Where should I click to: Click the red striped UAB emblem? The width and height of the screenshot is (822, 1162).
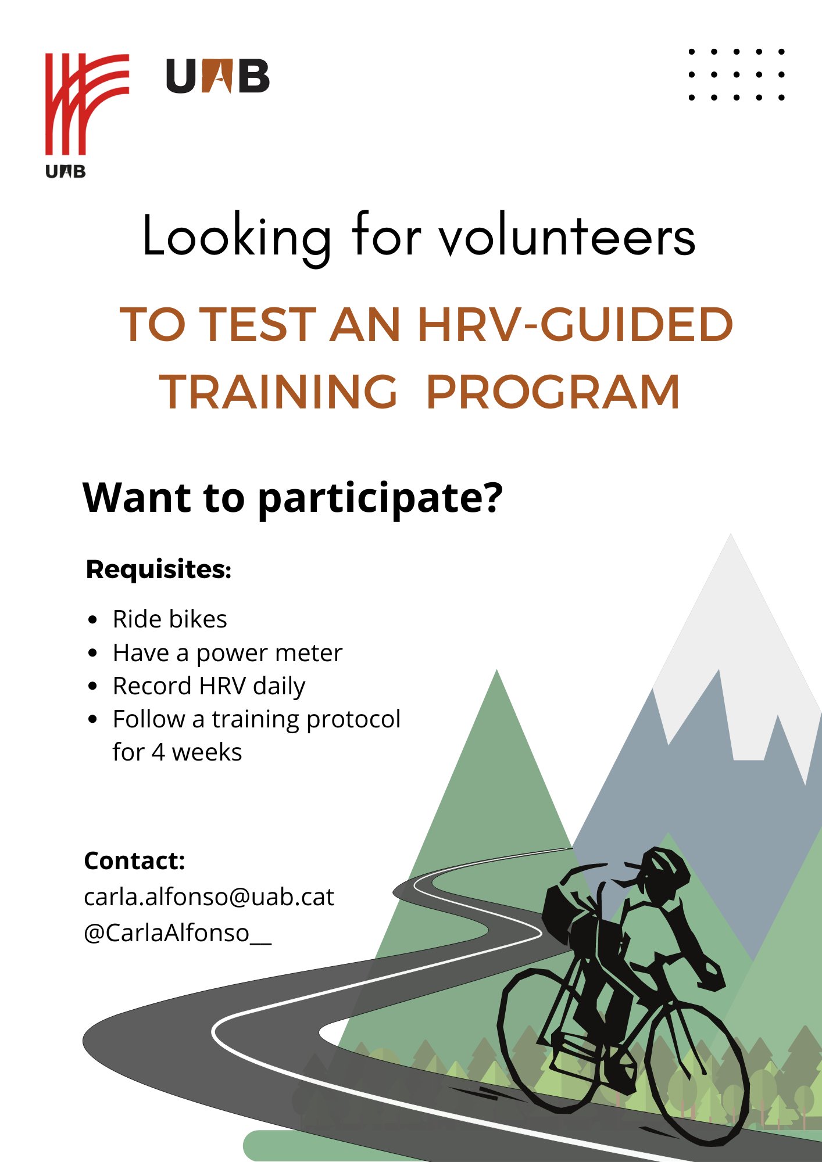point(87,105)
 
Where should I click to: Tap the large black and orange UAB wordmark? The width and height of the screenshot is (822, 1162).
point(217,76)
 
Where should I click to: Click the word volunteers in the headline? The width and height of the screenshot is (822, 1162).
point(567,237)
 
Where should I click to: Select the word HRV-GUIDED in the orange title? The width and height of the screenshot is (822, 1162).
point(575,324)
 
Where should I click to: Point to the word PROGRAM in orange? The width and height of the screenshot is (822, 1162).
point(553,392)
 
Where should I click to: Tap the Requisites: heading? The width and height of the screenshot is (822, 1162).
point(159,569)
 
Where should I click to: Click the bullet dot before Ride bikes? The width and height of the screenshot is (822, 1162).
point(93,620)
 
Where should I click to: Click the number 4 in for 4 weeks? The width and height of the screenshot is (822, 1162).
point(158,752)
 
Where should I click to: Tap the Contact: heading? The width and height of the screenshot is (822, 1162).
point(134,860)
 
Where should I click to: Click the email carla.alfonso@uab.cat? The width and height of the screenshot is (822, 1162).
point(209,897)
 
